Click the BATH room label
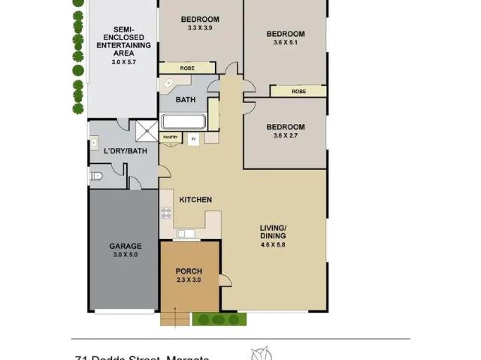pyautogui.click(x=184, y=99)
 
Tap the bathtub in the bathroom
pyautogui.click(x=183, y=122)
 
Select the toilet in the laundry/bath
pyautogui.click(x=96, y=177)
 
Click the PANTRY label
pyautogui.click(x=171, y=136)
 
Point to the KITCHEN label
pyautogui.click(x=195, y=199)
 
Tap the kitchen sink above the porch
pyautogui.click(x=185, y=234)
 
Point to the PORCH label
pyautogui.click(x=189, y=271)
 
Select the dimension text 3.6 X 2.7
pyautogui.click(x=286, y=136)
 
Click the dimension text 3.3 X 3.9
pyautogui.click(x=200, y=28)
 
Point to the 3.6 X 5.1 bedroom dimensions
pyautogui.click(x=286, y=43)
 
